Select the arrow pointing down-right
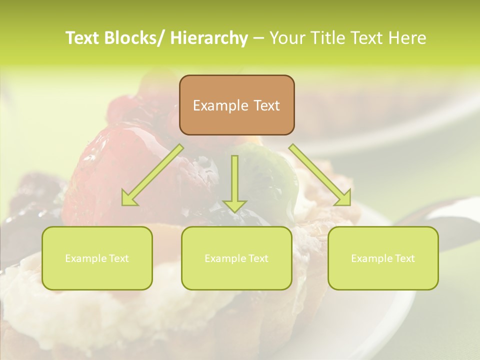pyautogui.click(x=320, y=175)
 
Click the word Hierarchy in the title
pyautogui.click(x=209, y=38)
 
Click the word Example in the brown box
pyautogui.click(x=220, y=105)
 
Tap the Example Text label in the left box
pyautogui.click(x=97, y=258)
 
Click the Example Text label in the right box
pyautogui.click(x=383, y=258)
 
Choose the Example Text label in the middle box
pyautogui.click(x=236, y=258)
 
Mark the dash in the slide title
pyautogui.click(x=258, y=38)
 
